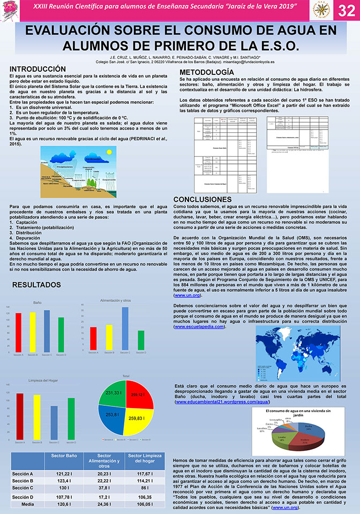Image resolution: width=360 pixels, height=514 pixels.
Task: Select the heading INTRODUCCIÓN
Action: [37, 69]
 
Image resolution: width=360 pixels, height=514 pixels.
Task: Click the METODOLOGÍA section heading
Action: [206, 72]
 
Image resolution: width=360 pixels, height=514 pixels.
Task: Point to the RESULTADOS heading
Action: [36, 285]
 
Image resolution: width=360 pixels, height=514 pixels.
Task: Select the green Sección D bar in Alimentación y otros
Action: [141, 340]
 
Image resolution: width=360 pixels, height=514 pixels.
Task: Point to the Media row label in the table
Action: [27, 504]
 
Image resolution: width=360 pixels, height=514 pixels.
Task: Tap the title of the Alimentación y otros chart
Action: [115, 301]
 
